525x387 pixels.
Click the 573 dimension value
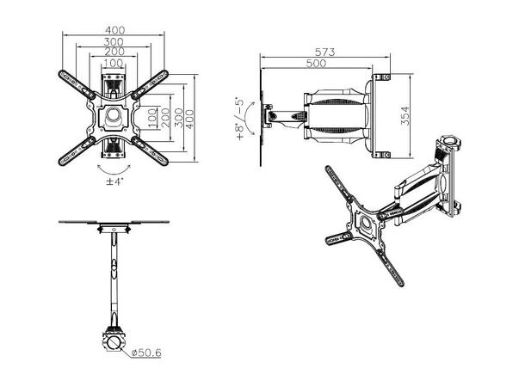coord(324,52)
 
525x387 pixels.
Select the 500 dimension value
coord(316,64)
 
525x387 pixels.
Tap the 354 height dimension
coord(405,116)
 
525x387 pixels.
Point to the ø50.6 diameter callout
coord(146,353)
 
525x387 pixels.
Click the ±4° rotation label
coord(114,181)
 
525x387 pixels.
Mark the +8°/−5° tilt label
coord(240,119)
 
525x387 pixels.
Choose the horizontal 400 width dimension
coord(114,30)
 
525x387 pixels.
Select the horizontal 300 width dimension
coord(114,42)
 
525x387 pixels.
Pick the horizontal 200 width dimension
coord(114,52)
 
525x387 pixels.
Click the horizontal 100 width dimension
coord(114,63)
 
